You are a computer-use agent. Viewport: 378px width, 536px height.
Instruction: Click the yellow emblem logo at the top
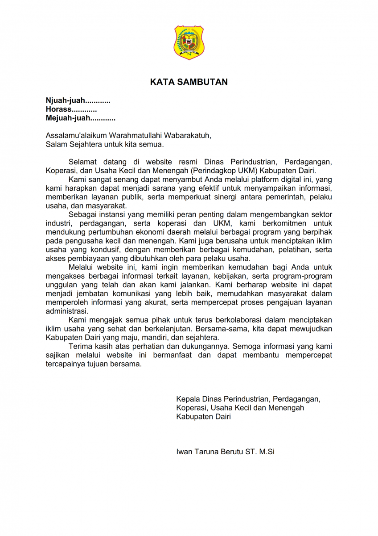click(189, 42)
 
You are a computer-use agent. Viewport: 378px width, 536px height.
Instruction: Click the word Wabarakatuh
click(187, 135)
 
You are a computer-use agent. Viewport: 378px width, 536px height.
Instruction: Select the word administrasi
click(67, 311)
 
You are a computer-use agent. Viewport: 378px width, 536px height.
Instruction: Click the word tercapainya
click(66, 364)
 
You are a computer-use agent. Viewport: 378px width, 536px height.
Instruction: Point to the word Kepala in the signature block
click(188, 399)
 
